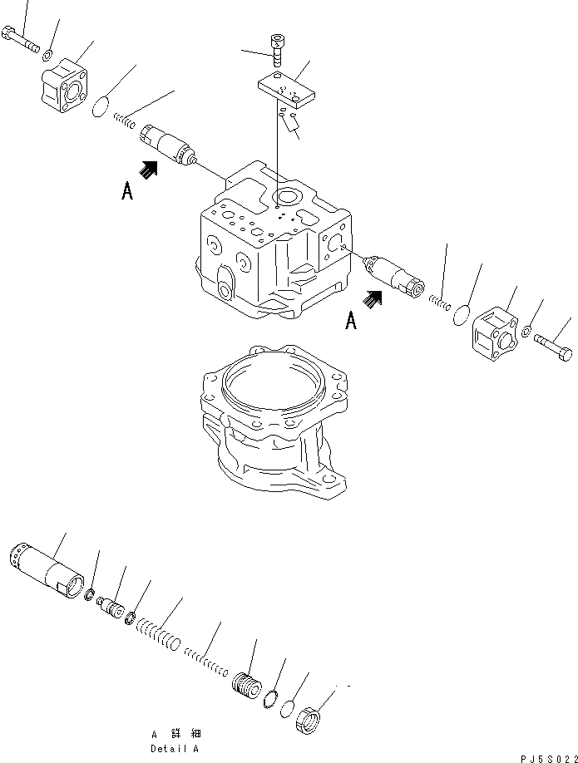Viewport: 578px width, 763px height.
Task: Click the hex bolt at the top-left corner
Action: pos(22,39)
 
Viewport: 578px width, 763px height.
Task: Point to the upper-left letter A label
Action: pos(126,191)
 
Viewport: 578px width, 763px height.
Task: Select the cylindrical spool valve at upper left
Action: pos(169,144)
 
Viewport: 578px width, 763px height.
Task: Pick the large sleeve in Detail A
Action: pos(48,569)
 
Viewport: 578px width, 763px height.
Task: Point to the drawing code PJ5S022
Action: pos(541,757)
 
